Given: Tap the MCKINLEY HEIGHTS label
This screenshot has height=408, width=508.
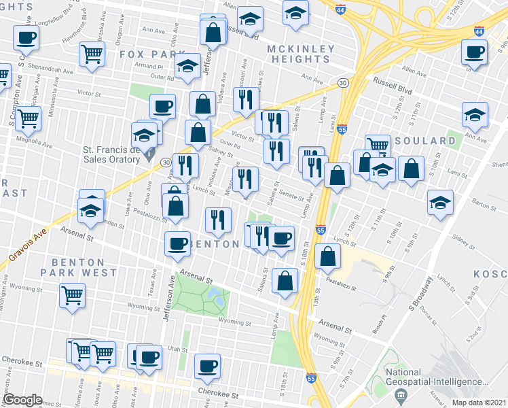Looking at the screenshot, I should coord(301,54).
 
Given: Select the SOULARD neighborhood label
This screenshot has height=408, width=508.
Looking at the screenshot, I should coord(429,141).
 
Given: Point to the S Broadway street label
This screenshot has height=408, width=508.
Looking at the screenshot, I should coord(423,291).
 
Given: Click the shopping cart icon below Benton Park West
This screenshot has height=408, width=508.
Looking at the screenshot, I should coord(73,295).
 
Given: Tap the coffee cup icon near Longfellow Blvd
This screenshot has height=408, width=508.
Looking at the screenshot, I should coord(26,38).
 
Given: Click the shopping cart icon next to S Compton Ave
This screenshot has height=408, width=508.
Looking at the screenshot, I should coord(29,118).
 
